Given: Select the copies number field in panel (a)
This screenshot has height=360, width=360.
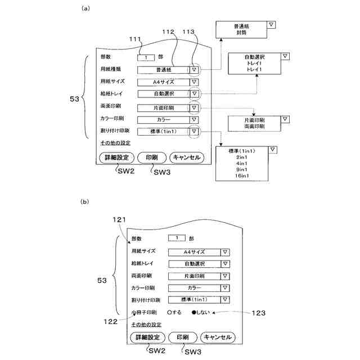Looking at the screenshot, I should click(x=146, y=57).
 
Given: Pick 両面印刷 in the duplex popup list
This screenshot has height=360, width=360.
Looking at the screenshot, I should click(x=254, y=128).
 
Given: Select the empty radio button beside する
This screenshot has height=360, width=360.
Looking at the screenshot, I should click(x=170, y=312).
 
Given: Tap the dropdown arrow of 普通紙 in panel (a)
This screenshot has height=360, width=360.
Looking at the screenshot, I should click(x=194, y=70).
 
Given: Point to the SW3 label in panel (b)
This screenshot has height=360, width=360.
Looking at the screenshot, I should click(x=192, y=350).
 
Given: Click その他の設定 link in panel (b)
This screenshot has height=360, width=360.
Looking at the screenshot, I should click(x=146, y=325).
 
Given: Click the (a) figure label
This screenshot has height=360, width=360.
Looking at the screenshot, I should click(x=85, y=8).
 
